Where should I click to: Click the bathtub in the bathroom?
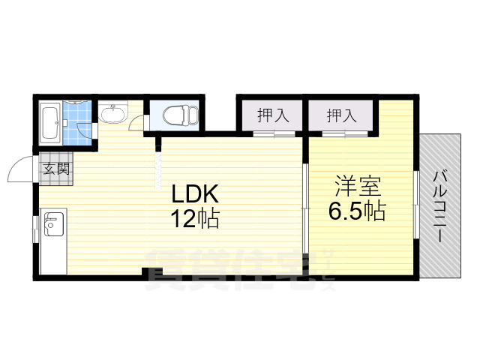(x=50, y=121)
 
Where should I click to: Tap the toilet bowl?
(x=175, y=116)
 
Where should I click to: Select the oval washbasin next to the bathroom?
(x=113, y=114)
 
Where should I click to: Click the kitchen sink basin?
(x=53, y=223)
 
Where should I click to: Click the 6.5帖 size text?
(x=355, y=211)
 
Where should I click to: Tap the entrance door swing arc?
(x=19, y=169)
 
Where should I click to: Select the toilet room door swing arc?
(x=137, y=124)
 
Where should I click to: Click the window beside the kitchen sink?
(x=34, y=228)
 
